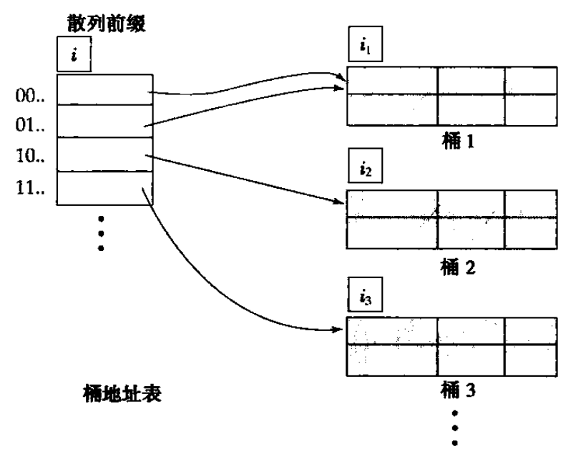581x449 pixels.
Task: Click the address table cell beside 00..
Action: coord(104,89)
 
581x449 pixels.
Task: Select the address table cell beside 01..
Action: coord(104,121)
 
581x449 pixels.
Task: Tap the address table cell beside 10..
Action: coord(104,154)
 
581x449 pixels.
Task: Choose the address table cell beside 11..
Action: coord(104,187)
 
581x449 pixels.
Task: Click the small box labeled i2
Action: coord(363,172)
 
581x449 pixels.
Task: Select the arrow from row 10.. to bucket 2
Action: coord(243,177)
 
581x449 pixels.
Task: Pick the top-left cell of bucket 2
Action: coord(391,204)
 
